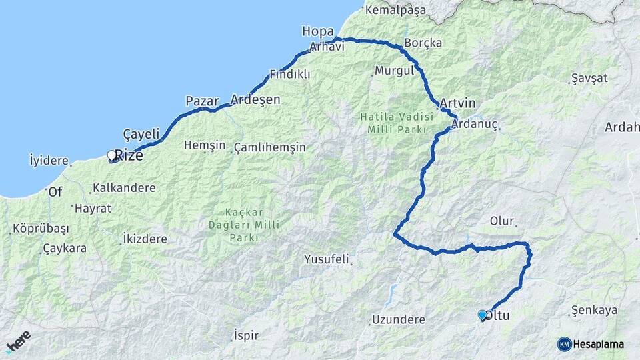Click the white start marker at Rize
(111, 155)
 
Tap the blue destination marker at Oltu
(482, 315)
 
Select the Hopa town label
(317, 31)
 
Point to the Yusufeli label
(327, 259)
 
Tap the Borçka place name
(423, 43)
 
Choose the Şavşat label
(590, 78)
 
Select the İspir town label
(245, 335)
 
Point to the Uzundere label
(399, 319)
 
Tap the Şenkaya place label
(595, 310)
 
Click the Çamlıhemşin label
(270, 147)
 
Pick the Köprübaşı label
(41, 229)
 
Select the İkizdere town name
(149, 238)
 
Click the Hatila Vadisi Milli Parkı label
(397, 122)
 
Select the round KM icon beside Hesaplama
(565, 344)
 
